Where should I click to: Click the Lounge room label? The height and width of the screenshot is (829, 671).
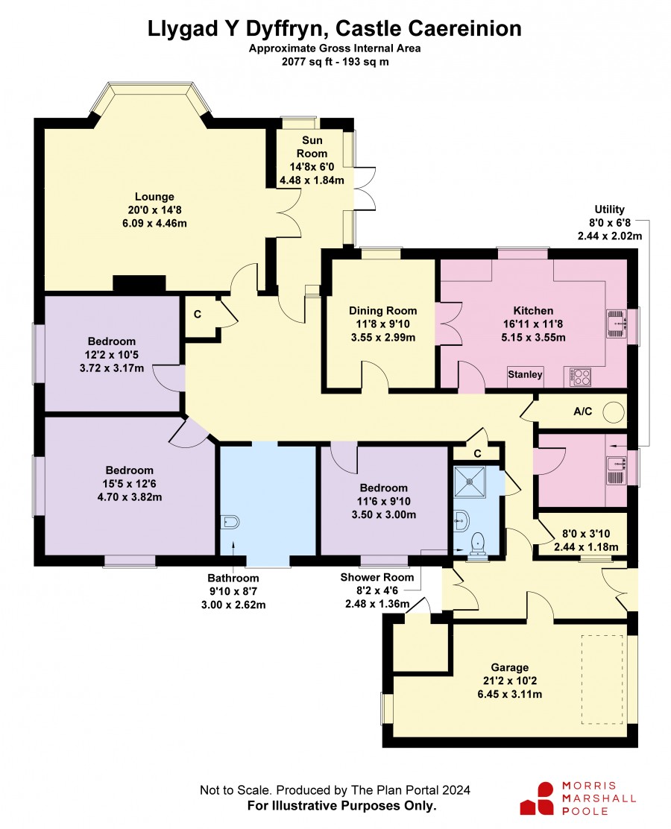click(154, 197)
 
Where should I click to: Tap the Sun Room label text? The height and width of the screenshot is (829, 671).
click(312, 147)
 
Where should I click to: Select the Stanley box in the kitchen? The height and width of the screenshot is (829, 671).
click(525, 375)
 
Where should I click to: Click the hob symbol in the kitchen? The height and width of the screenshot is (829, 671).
click(581, 376)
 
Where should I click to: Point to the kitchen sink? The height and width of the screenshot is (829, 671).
click(616, 324)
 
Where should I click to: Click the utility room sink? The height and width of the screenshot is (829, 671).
click(616, 470)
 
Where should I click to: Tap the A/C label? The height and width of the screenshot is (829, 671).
click(583, 412)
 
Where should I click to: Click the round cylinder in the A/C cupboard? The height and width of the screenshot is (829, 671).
click(614, 412)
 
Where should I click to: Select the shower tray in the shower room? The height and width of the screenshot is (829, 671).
click(470, 481)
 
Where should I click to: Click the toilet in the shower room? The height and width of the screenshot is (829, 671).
click(478, 544)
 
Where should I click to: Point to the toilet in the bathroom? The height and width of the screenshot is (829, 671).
click(230, 523)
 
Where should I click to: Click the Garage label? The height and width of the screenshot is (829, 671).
click(510, 667)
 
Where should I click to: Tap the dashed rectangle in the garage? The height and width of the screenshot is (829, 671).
click(602, 680)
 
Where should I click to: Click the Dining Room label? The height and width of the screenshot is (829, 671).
click(382, 311)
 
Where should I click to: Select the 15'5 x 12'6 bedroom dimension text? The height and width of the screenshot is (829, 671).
click(130, 483)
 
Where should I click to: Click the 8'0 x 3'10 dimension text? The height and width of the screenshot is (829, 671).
click(586, 534)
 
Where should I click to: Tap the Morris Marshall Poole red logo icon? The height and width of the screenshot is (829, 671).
click(537, 799)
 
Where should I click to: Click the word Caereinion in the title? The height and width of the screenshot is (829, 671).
click(463, 28)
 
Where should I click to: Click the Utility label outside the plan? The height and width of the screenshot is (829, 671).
click(610, 209)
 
